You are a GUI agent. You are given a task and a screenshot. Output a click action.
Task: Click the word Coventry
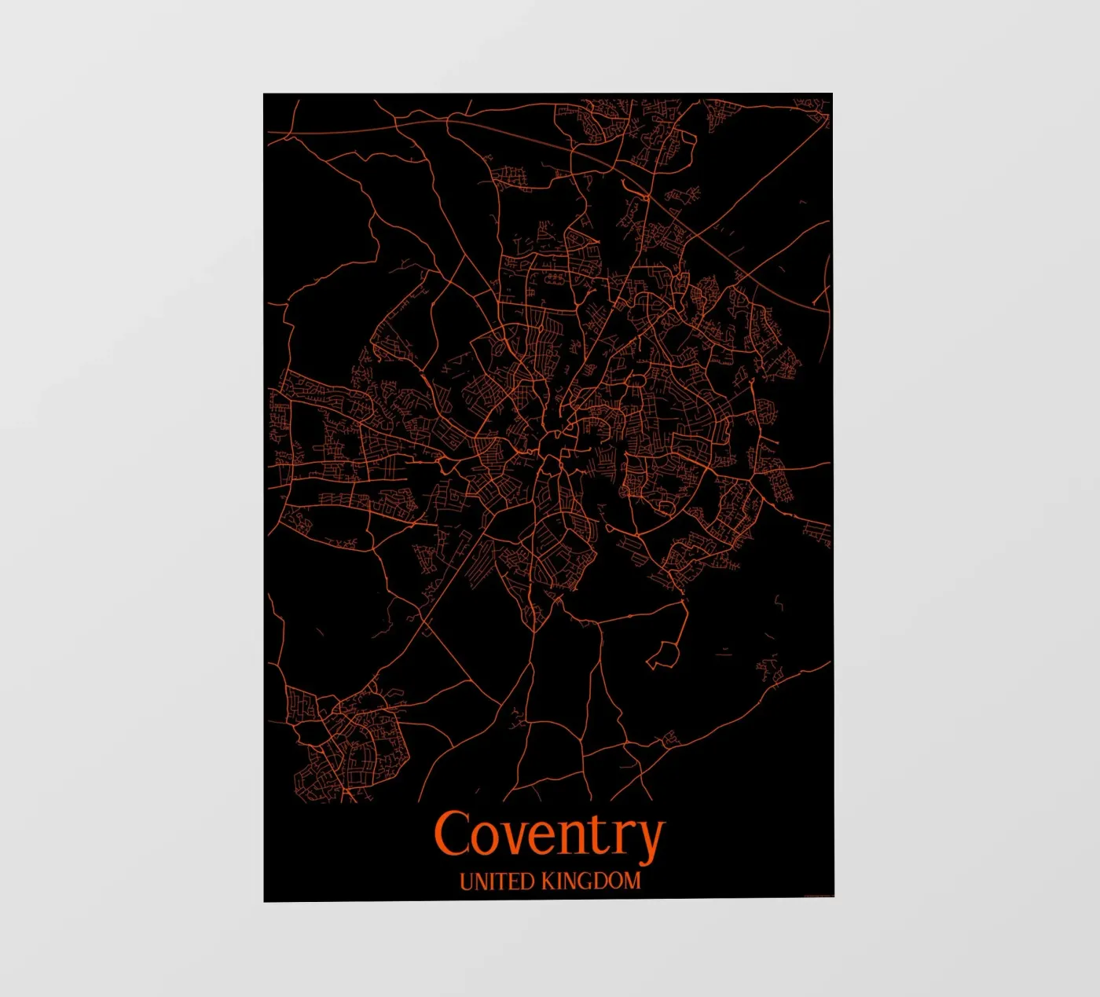[549, 834]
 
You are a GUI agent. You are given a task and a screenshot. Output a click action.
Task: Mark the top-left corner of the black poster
[264, 94]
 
